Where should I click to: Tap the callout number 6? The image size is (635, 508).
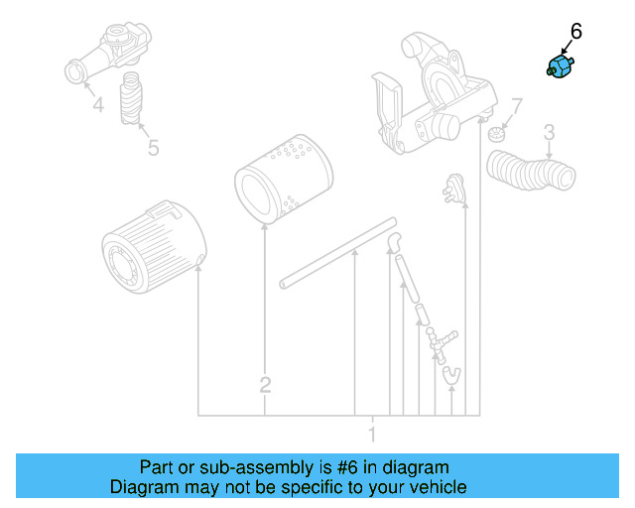pos(576,32)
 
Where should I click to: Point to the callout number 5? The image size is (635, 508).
pos(153,148)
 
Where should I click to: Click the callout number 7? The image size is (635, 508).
pos(516,106)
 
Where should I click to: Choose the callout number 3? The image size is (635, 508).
pos(549,132)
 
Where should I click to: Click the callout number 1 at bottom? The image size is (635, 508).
pos(372,434)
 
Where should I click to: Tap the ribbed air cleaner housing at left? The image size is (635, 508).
pos(154,245)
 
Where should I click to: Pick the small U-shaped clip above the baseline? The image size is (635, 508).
pos(451,373)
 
